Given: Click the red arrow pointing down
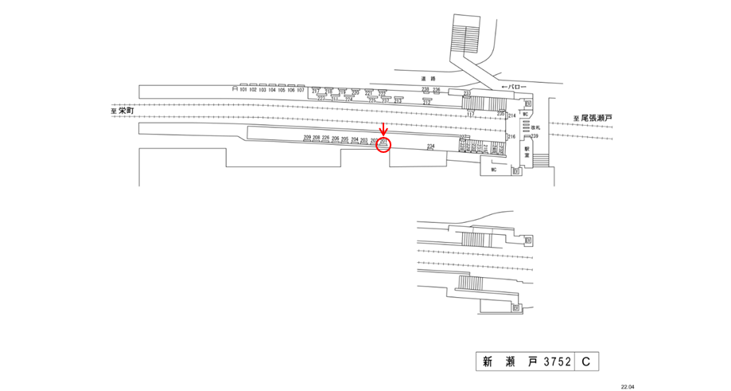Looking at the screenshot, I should tap(384, 131).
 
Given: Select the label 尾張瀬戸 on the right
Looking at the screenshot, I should tap(597, 118).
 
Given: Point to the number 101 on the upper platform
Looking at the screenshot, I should tap(243, 90).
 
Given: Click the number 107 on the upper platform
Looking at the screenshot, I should tap(300, 90).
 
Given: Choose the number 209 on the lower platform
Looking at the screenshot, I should tap(306, 139).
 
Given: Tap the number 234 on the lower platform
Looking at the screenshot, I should tap(430, 147).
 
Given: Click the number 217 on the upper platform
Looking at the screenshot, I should tap(315, 91).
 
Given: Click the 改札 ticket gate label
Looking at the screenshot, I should tap(535, 127).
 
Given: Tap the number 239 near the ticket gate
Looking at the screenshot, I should tap(535, 136).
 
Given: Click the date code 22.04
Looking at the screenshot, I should tap(628, 386).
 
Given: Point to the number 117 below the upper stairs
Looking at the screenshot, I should tap(470, 115).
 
